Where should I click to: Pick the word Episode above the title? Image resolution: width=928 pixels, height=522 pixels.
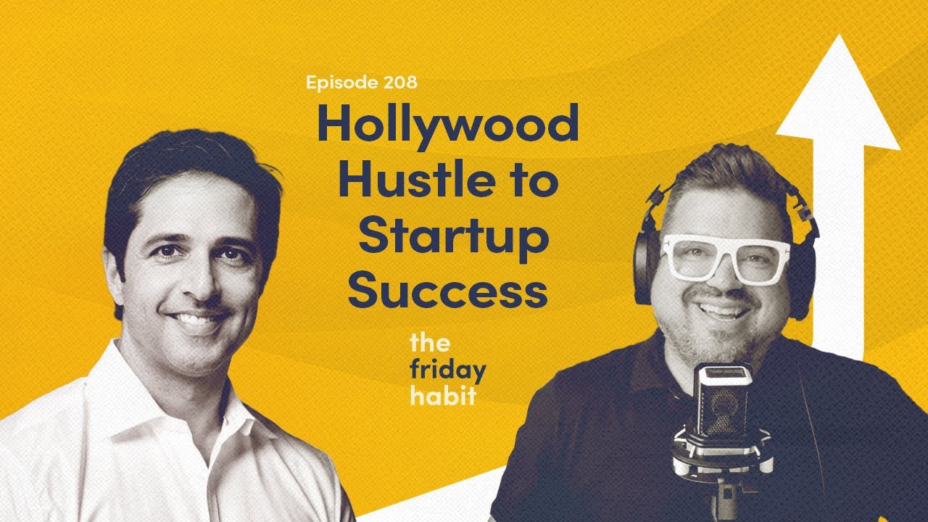pyautogui.click(x=339, y=83)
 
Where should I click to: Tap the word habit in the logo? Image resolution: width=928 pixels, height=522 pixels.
pyautogui.click(x=442, y=395)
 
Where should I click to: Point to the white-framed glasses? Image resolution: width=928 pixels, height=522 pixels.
pyautogui.click(x=726, y=257)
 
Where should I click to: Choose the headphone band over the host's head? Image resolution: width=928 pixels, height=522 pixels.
pyautogui.click(x=725, y=163)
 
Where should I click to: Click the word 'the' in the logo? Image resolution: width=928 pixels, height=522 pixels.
pyautogui.click(x=429, y=341)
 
